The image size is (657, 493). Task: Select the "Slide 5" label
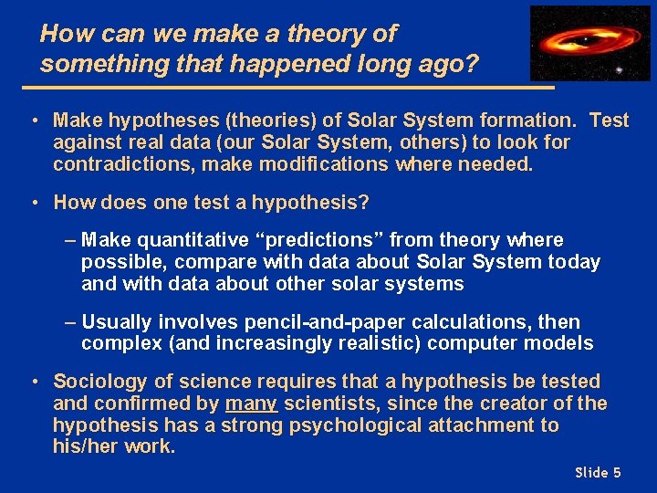pyautogui.click(x=598, y=472)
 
